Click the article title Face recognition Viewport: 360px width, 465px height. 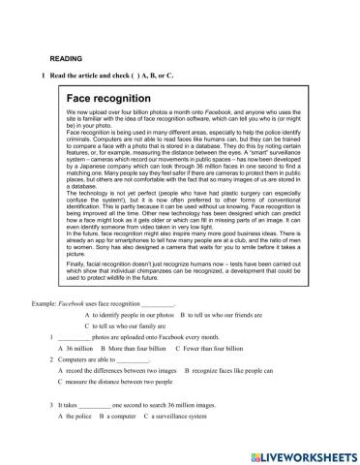[x=108, y=99]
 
